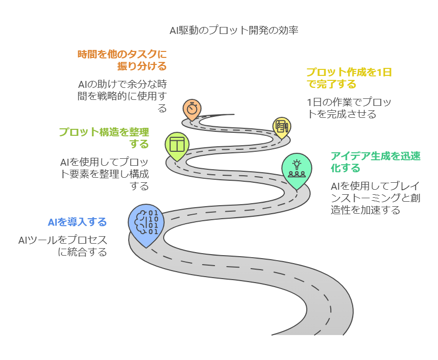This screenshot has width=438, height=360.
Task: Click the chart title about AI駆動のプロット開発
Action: click(234, 30)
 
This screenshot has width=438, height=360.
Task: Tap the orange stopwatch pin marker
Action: click(192, 109)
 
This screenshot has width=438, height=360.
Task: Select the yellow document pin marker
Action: click(282, 127)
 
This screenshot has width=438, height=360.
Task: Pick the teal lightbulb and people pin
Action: click(297, 170)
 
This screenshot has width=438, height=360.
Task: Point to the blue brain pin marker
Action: click(146, 224)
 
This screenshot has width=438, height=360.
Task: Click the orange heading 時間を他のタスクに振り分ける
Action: click(122, 60)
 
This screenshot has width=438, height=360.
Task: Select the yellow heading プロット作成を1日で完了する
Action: click(349, 78)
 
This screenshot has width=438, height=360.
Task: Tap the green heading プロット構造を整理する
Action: click(104, 138)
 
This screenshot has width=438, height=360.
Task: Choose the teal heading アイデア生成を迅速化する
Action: click(376, 162)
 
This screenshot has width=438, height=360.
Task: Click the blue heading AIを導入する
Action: click(77, 222)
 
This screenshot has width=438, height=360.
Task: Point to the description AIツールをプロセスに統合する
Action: click(63, 246)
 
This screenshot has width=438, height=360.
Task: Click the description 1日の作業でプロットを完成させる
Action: click(349, 108)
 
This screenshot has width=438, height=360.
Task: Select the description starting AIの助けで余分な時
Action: click(122, 96)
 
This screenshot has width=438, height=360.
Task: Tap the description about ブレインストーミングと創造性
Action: click(376, 198)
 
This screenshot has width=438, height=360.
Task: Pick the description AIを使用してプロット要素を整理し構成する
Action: click(104, 174)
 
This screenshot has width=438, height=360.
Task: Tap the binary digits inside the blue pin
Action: click(153, 223)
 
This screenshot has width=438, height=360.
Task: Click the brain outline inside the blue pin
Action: click(141, 222)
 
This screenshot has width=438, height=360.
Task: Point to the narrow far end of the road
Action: click(233, 114)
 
